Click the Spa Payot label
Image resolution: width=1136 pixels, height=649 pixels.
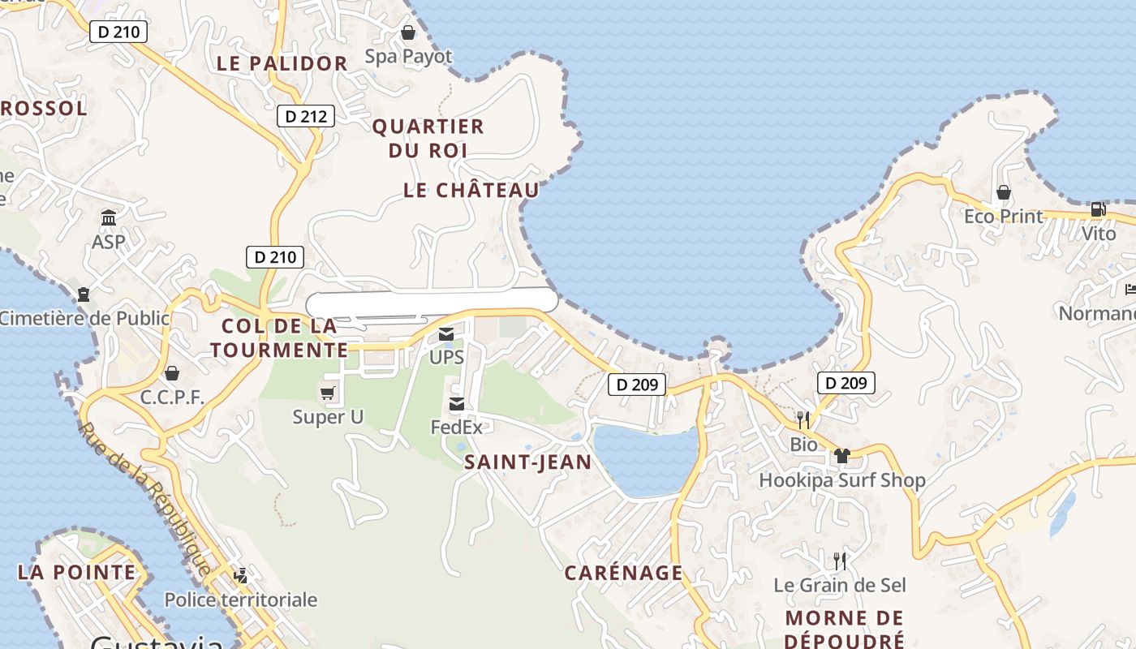click(x=408, y=56)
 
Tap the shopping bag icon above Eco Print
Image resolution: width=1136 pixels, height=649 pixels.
click(x=1004, y=193)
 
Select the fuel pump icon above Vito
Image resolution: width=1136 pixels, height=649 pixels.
click(x=1098, y=209)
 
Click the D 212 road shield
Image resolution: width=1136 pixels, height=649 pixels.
click(x=306, y=116)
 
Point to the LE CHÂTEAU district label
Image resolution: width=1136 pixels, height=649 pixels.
click(x=471, y=190)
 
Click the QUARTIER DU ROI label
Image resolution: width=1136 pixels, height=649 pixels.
click(x=428, y=138)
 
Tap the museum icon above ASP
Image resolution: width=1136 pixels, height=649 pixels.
click(x=109, y=217)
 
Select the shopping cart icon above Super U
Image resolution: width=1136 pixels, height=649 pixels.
click(x=327, y=393)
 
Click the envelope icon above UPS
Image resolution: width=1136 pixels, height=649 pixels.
click(x=446, y=333)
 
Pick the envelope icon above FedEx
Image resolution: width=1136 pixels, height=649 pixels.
click(x=457, y=403)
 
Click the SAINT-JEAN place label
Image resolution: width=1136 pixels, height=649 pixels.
click(x=527, y=462)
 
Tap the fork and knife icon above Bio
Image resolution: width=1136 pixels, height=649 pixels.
click(x=803, y=419)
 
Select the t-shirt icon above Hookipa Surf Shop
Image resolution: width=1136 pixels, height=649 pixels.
click(x=841, y=456)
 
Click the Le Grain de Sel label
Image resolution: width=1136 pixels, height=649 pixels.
click(x=840, y=585)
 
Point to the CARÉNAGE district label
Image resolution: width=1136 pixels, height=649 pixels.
click(x=624, y=573)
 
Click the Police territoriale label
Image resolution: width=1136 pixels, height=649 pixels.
click(x=241, y=600)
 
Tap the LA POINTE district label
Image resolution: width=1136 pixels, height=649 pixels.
click(x=77, y=572)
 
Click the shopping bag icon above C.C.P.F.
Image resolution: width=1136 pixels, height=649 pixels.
click(x=171, y=373)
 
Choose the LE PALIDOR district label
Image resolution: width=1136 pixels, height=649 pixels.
click(x=282, y=63)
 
